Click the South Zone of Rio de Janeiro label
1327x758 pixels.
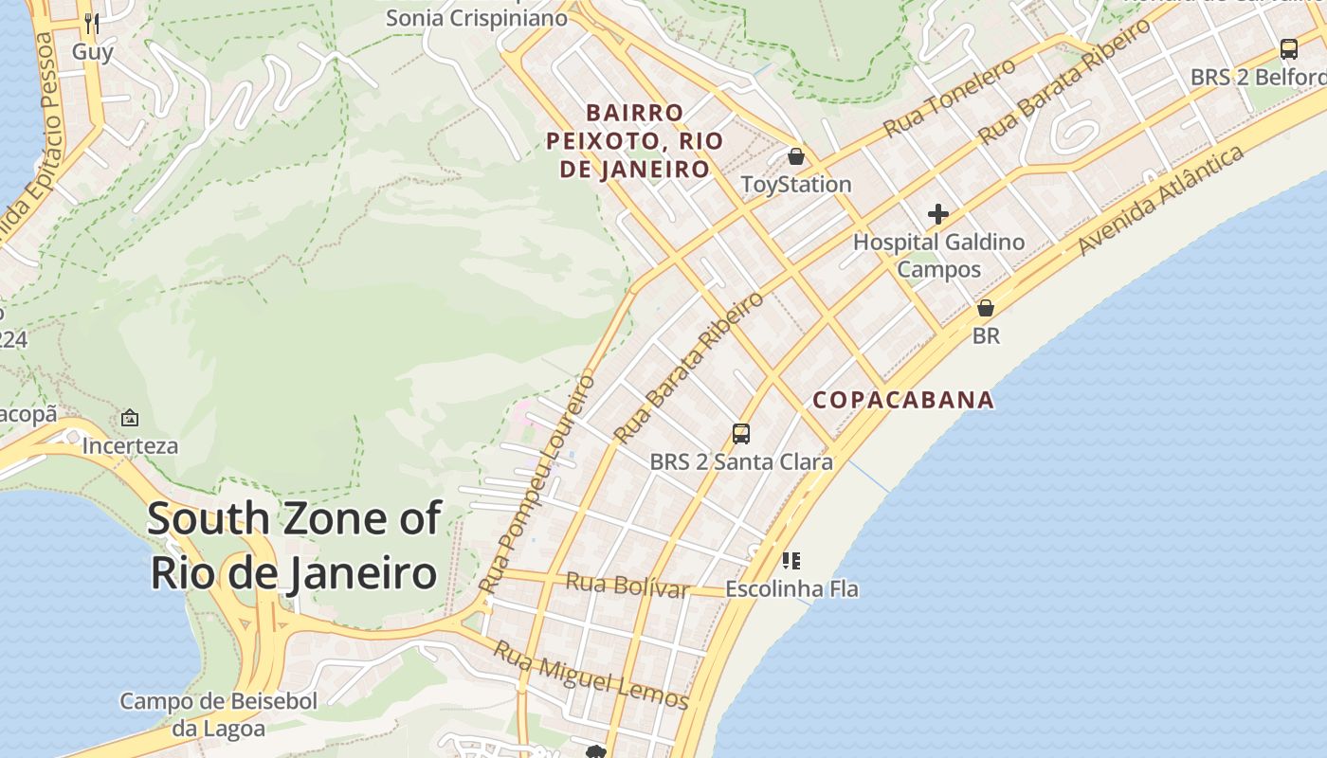click(294, 546)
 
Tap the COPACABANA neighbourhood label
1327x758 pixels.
click(903, 400)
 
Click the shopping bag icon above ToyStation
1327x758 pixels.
click(796, 156)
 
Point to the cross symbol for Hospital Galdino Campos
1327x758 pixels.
click(938, 214)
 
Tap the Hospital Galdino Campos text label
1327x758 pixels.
click(938, 256)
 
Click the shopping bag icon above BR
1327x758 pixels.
click(986, 308)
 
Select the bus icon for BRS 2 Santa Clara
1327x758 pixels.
click(741, 434)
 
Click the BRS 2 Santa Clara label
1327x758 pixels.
click(741, 462)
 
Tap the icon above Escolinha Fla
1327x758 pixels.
click(791, 561)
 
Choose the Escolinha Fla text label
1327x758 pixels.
click(791, 589)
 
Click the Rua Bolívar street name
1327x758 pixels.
click(627, 585)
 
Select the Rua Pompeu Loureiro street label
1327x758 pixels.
click(537, 483)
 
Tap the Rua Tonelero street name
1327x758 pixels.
click(949, 97)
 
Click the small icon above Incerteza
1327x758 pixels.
click(130, 418)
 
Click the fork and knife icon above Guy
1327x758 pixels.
click(92, 22)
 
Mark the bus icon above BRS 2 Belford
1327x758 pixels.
click(1288, 49)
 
